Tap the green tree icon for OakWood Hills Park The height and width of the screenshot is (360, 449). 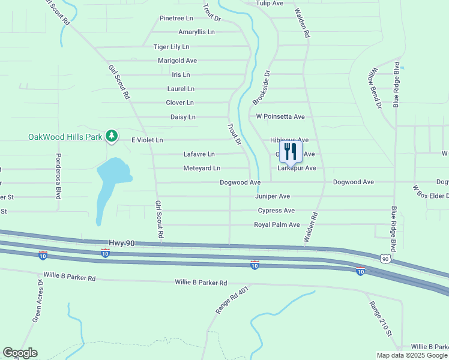point(111,137)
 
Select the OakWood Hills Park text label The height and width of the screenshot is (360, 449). point(65,137)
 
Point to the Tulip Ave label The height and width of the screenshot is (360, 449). point(270,4)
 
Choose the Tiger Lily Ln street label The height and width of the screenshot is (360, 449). point(171,47)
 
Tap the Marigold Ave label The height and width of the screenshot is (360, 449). point(177,61)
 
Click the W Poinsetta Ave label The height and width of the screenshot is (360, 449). point(280,116)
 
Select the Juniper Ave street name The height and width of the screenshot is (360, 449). point(273,196)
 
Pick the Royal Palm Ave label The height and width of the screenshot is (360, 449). point(277,225)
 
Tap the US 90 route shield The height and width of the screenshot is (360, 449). point(385,258)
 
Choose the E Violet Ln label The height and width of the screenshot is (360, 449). point(147,140)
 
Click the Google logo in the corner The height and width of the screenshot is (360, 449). point(20,353)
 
